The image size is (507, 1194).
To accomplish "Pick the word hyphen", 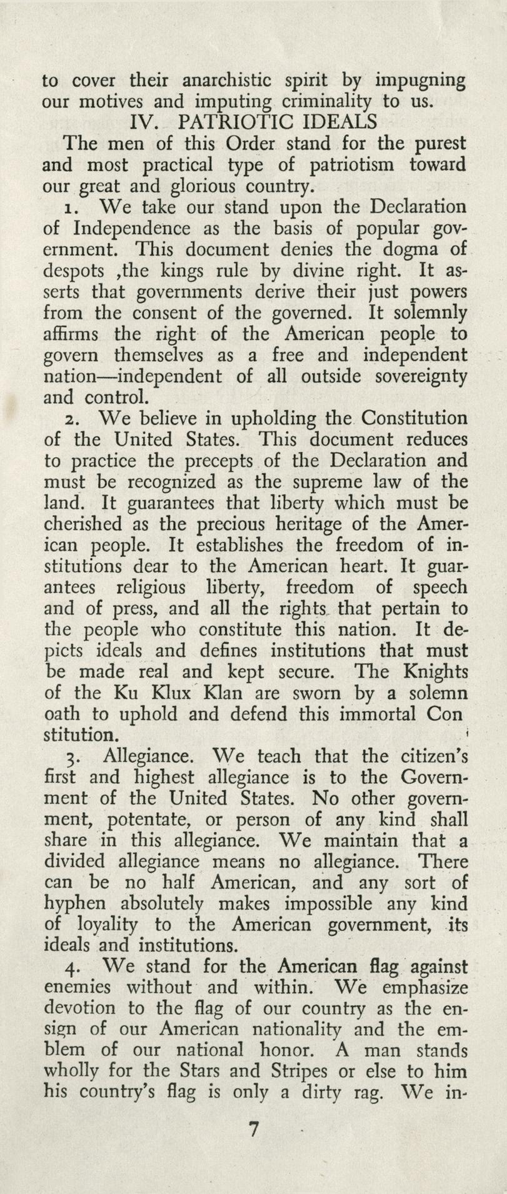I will click(73, 905).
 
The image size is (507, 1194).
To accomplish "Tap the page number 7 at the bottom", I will click(253, 1130).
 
